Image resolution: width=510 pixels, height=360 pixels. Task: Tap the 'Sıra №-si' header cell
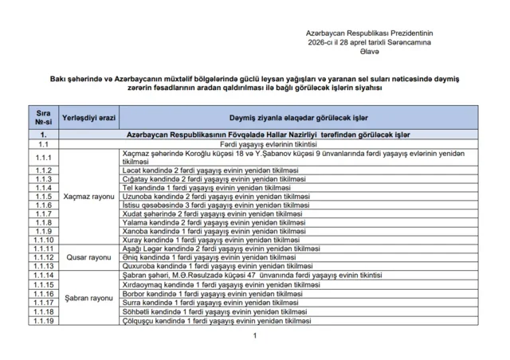[44, 118]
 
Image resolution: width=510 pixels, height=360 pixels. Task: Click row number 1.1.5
[44, 196]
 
